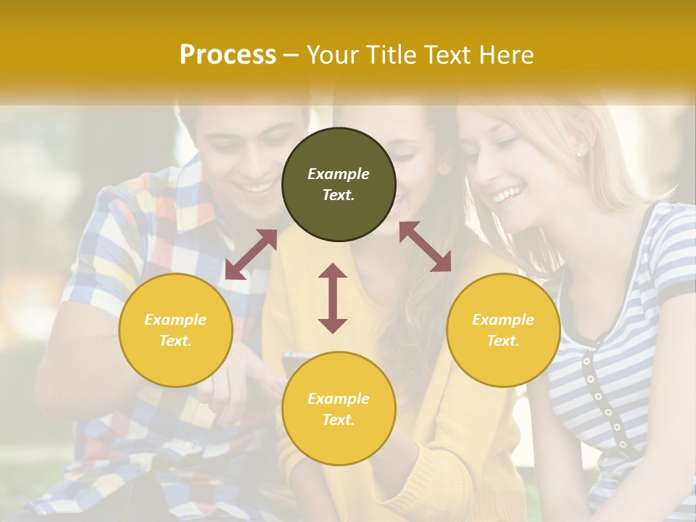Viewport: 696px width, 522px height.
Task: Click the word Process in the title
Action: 228,55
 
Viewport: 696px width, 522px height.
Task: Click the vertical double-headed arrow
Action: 333,298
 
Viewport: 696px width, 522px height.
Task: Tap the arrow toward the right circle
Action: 425,247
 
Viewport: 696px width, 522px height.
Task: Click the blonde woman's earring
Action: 579,153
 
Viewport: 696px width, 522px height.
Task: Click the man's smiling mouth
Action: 257,188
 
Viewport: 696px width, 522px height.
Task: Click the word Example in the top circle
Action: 339,174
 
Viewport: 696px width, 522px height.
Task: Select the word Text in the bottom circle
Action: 339,420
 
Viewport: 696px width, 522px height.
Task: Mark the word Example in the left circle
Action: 175,320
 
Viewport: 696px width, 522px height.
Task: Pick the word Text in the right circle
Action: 503,341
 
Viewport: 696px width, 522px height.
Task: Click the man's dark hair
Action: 217,116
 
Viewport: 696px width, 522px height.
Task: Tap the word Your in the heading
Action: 334,55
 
